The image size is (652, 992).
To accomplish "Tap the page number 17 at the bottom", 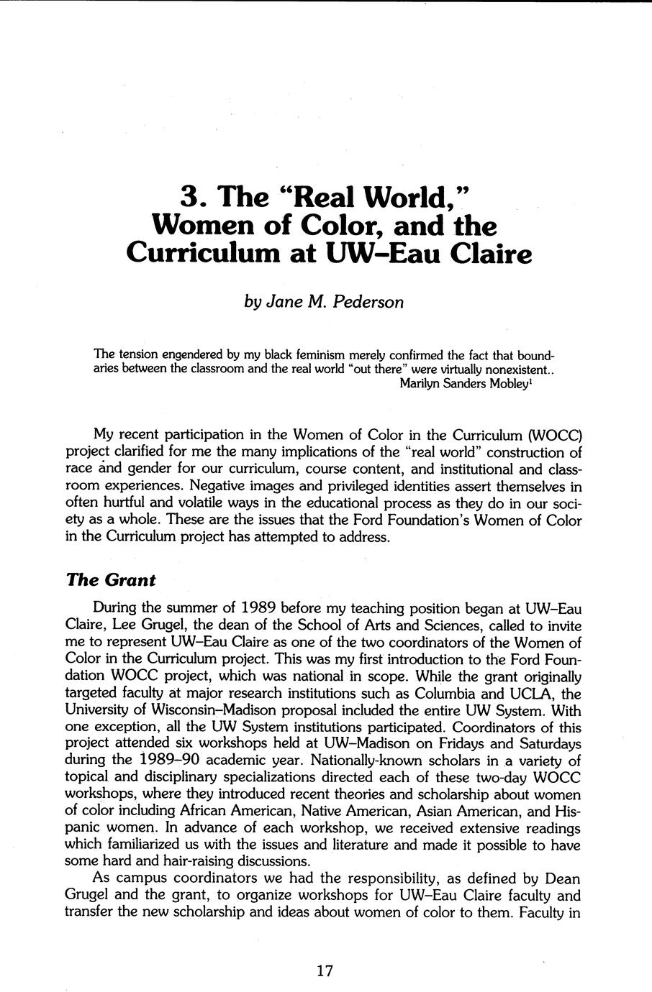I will (325, 971).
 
